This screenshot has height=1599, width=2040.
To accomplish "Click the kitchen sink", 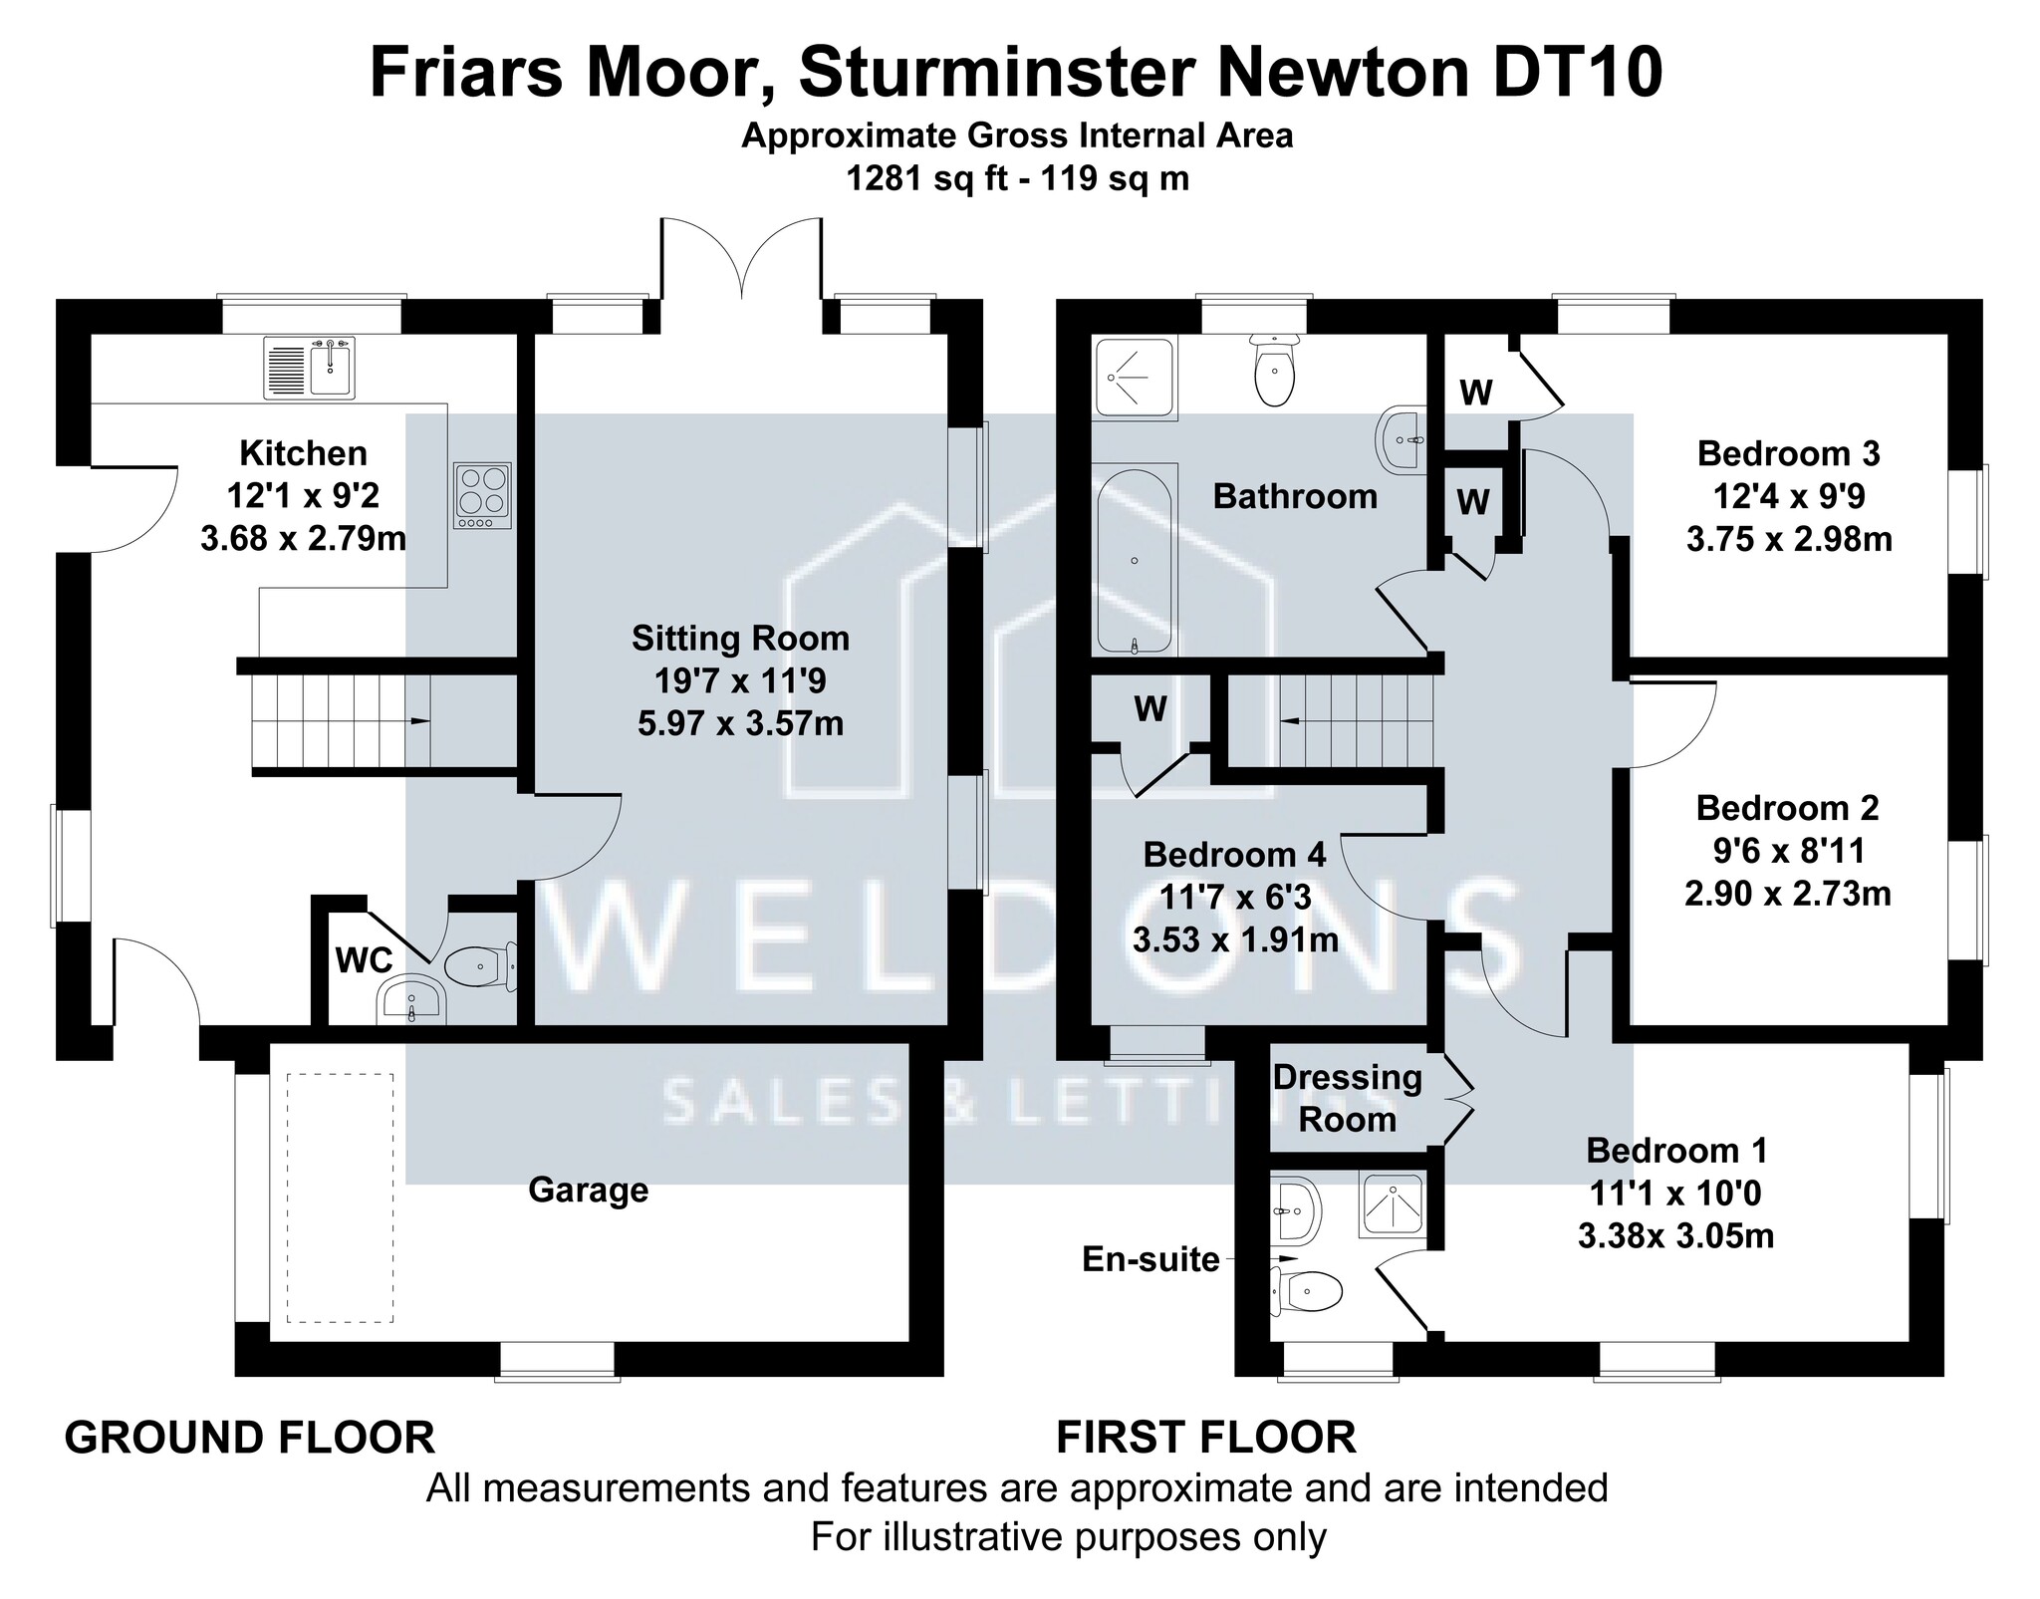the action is (x=309, y=367).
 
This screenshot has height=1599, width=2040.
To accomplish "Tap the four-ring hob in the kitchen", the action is (x=483, y=495).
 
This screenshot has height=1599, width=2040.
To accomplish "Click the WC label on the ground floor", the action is (x=365, y=960).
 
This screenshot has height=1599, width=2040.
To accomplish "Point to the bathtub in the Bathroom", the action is (x=1136, y=559).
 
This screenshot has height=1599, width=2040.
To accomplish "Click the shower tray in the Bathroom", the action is (x=1135, y=378).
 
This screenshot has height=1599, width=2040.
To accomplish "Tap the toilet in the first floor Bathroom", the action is (x=1275, y=370).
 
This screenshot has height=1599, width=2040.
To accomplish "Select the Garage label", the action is (x=588, y=1190).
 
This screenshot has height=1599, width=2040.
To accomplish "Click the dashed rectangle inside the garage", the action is (x=340, y=1198).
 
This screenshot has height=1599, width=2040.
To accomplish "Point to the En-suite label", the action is (x=1150, y=1260).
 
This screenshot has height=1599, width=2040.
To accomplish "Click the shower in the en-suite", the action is (x=1394, y=1206).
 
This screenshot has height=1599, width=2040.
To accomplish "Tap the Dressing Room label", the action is (x=1348, y=1098).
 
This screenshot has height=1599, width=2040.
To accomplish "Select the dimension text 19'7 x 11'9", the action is (x=740, y=681).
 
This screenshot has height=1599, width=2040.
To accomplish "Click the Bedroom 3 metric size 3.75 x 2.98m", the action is (x=1789, y=539).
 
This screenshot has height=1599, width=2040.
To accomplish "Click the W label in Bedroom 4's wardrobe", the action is (x=1150, y=708).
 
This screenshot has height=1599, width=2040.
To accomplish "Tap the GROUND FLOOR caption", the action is (x=250, y=1438).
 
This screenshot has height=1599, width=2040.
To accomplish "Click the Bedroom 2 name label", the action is (x=1788, y=808).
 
